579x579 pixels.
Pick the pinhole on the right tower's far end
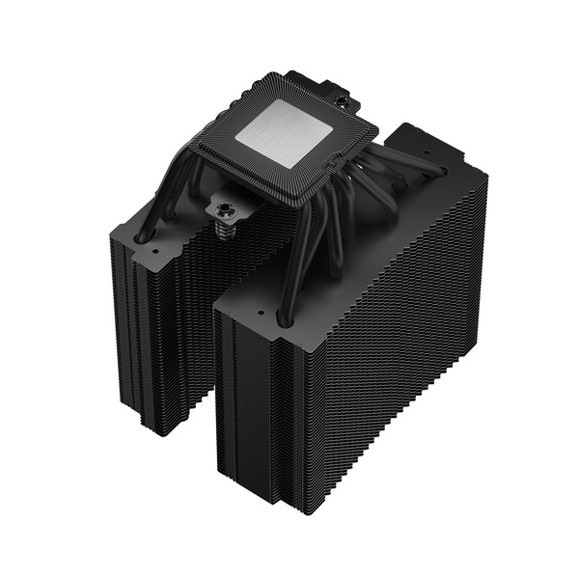pyautogui.click(x=426, y=153)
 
